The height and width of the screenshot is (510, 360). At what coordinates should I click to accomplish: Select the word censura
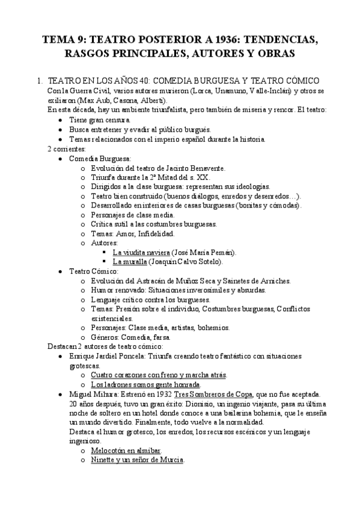117,120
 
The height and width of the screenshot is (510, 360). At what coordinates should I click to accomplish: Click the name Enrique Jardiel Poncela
108,356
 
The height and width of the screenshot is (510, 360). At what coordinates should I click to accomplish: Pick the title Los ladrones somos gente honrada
145,384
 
